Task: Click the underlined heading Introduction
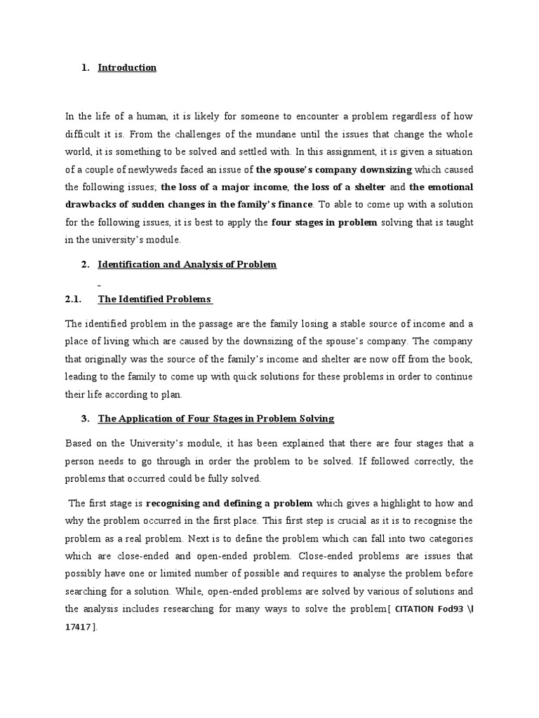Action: pyautogui.click(x=127, y=68)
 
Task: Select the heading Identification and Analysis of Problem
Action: pyautogui.click(x=187, y=264)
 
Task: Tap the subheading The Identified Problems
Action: pyautogui.click(x=155, y=299)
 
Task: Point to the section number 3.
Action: pyautogui.click(x=84, y=419)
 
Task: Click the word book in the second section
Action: pyautogui.click(x=465, y=358)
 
